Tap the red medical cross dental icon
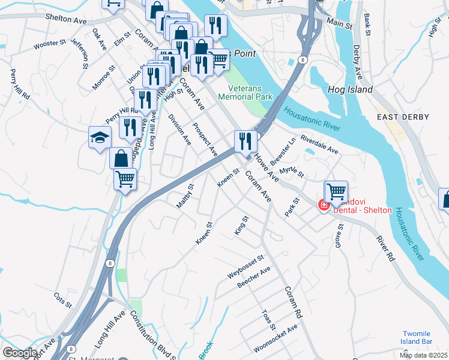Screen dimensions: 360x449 [x=324, y=206]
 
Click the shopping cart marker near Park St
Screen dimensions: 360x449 [x=336, y=192]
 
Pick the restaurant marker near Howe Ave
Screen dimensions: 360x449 [x=246, y=142]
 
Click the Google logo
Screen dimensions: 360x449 [x=20, y=353]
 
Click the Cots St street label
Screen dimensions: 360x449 [x=62, y=299]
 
